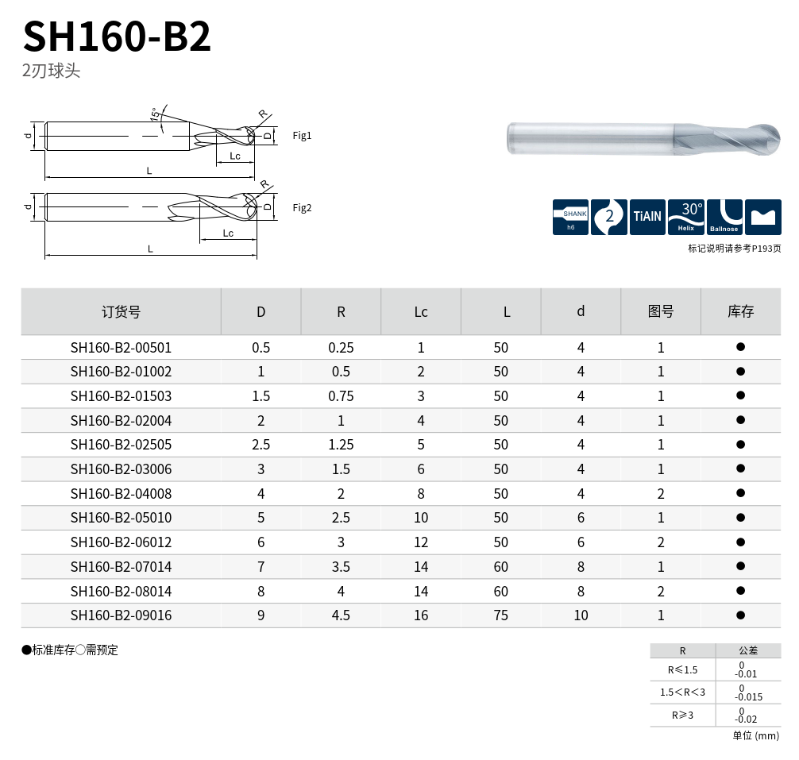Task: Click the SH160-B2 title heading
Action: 117,37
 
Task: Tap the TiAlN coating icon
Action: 647,217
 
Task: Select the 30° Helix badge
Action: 686,217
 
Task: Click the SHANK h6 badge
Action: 571,217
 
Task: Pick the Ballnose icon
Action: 724,217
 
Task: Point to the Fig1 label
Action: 302,136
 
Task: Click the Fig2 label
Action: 302,208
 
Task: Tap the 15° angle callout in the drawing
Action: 154,114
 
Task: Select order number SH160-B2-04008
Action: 121,494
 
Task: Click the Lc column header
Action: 420,312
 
